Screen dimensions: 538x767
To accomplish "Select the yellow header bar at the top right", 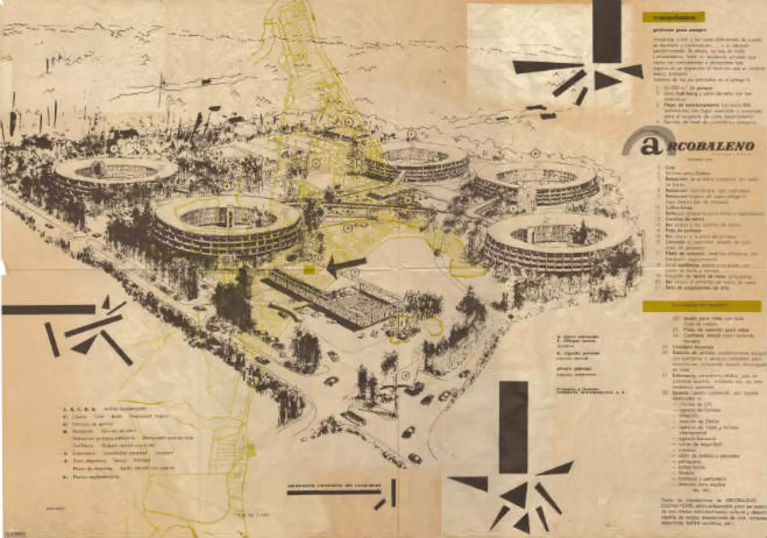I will click(674, 18).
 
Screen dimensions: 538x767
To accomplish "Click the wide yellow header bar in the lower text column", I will click(702, 305).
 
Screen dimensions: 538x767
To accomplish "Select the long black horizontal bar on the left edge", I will click(48, 309).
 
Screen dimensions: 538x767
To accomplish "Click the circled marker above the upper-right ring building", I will click(535, 153).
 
